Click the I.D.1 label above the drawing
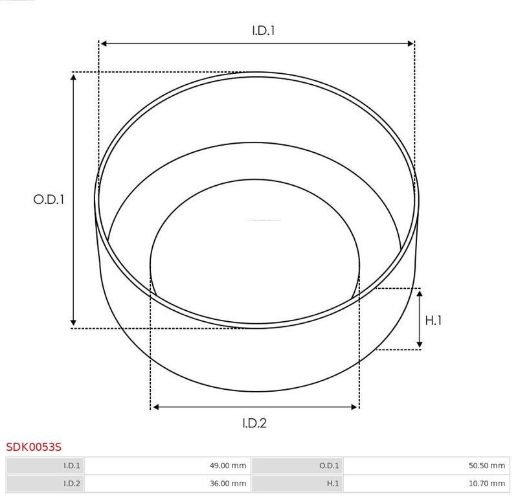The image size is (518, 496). click(x=264, y=30)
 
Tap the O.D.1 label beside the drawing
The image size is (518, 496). click(x=49, y=199)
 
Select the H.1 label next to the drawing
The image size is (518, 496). click(x=433, y=321)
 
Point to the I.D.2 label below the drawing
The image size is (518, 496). click(x=254, y=423)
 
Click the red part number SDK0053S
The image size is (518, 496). click(x=34, y=447)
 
